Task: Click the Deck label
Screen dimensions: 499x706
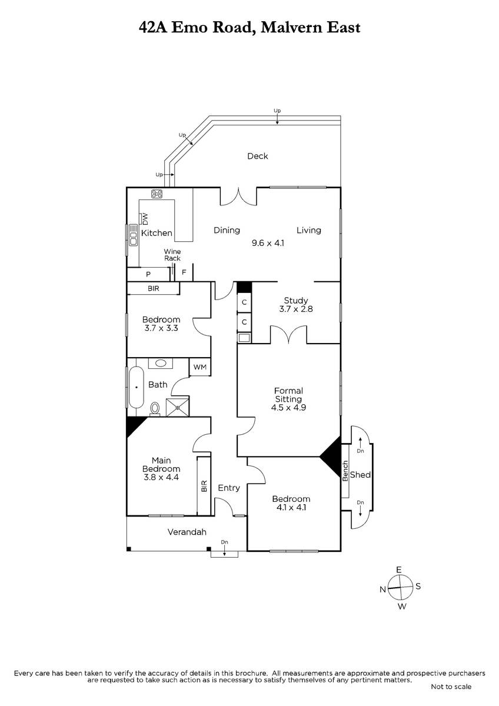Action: pos(257,156)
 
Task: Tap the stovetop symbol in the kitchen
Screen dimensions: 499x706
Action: pos(157,194)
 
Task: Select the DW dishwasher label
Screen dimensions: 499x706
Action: pos(145,219)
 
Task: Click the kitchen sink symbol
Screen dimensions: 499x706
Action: pos(133,235)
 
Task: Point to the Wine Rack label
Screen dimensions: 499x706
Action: pos(172,255)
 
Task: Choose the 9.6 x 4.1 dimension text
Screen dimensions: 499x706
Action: pos(268,243)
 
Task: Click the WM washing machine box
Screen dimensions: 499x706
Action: pos(200,367)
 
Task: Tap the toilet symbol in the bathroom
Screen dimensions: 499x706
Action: pos(155,409)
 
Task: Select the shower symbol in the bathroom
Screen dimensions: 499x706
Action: pos(178,407)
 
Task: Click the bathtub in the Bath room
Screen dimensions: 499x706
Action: pos(136,387)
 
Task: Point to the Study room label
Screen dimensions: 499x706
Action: pos(295,301)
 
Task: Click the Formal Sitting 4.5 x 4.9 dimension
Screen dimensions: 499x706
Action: pos(288,408)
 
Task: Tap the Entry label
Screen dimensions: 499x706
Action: pos(229,488)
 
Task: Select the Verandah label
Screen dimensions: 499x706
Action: pos(187,532)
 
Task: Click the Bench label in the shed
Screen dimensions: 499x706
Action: pos(345,471)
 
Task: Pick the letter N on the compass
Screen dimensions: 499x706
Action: pos(382,590)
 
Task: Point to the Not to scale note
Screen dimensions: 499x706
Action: pos(451,687)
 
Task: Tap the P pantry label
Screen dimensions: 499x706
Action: pos(148,274)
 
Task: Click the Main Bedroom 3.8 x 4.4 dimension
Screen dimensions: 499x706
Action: pos(161,477)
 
